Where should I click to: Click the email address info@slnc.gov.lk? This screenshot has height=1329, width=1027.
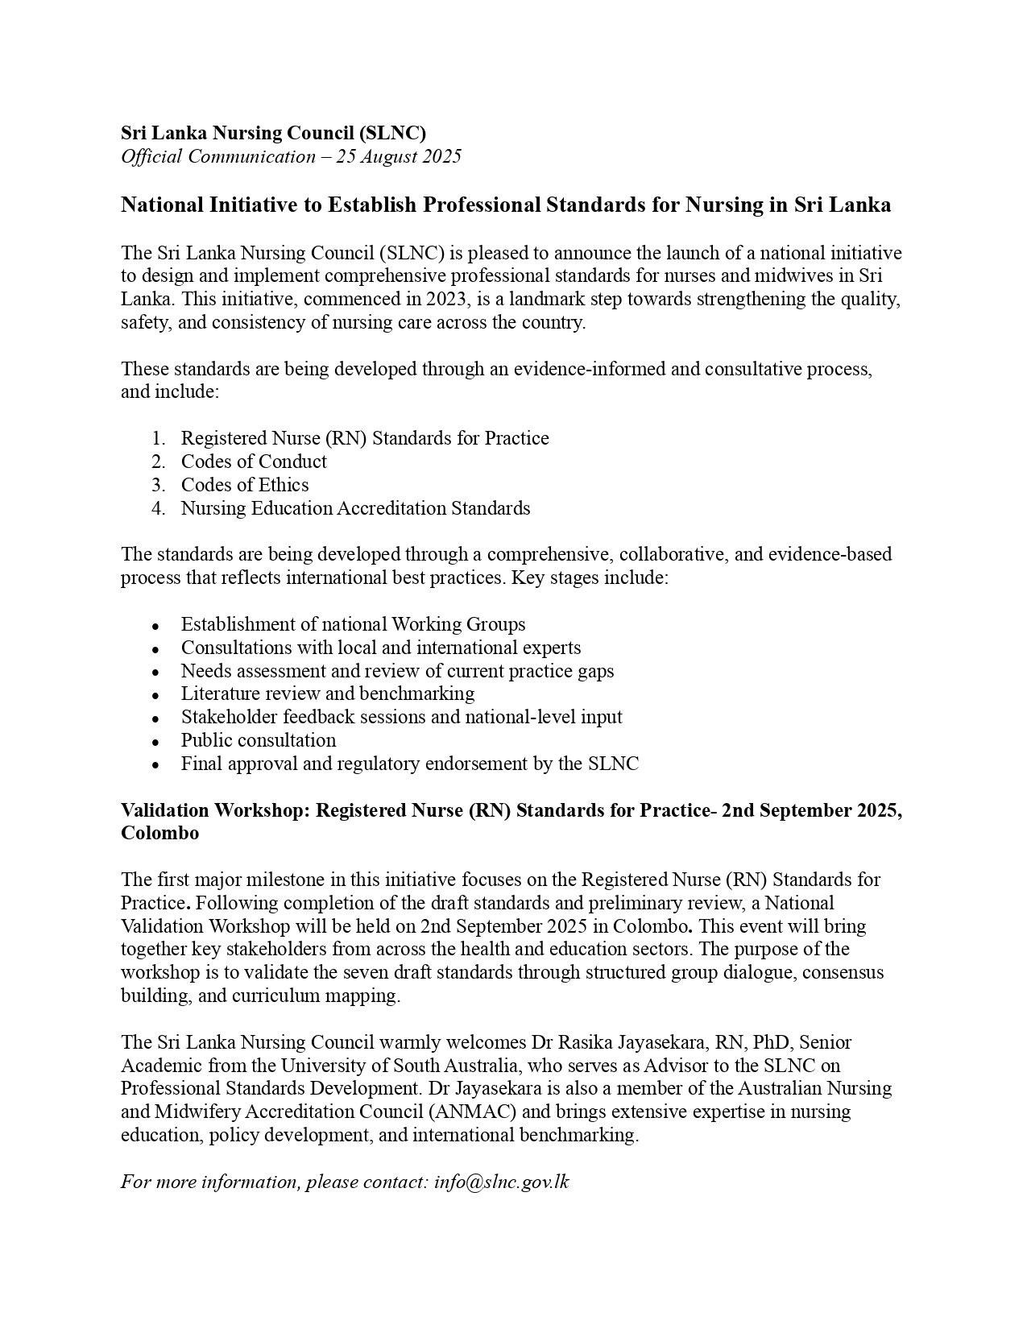[501, 1182]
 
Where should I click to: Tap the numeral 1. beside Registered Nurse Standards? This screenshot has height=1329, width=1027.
[158, 438]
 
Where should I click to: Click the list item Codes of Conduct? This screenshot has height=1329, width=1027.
[254, 462]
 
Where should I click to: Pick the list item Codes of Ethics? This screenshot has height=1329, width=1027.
[245, 485]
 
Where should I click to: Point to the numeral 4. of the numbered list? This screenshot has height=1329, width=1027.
[158, 508]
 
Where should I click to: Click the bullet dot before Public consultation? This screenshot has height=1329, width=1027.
[155, 742]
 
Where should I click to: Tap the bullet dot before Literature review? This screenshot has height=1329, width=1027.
[155, 695]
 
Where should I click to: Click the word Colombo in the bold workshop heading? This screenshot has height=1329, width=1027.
[159, 833]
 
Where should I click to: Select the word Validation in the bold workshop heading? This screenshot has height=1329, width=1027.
[167, 810]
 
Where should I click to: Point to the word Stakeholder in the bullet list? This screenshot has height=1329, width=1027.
[229, 717]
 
